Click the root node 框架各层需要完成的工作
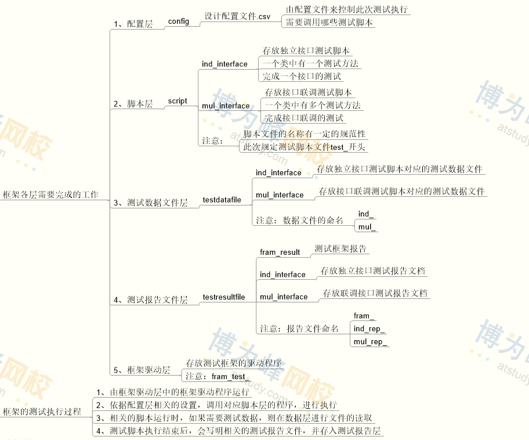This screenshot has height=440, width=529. click(50, 194)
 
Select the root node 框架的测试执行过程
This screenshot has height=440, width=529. click(42, 412)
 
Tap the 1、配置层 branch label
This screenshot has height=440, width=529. click(133, 24)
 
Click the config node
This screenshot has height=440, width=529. click(179, 21)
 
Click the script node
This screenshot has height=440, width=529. click(177, 101)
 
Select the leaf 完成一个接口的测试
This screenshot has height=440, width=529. click(301, 76)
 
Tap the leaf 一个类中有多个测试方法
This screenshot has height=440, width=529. click(313, 105)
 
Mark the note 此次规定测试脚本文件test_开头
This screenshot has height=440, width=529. click(304, 147)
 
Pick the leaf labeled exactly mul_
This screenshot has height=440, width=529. click(367, 226)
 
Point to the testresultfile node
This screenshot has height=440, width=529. click(223, 297)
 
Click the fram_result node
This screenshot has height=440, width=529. click(280, 252)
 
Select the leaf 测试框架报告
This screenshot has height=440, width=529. click(340, 248)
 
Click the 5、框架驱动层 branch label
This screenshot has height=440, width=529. click(142, 370)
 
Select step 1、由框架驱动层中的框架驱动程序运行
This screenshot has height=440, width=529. click(172, 392)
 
